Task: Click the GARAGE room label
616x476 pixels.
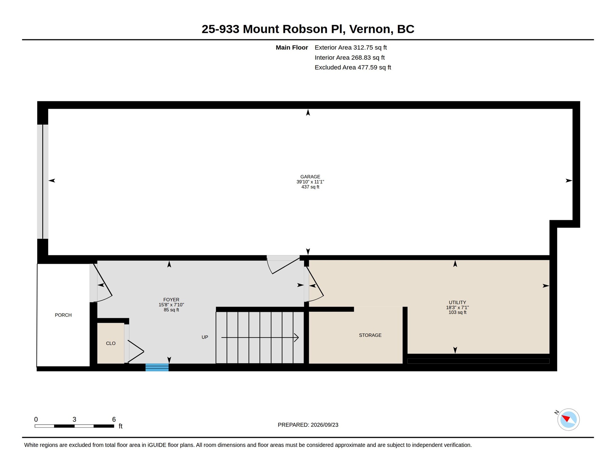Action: tap(310, 177)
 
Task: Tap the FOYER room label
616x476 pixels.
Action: tap(171, 300)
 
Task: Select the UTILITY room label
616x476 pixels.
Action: tap(457, 302)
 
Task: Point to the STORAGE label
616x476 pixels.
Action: tap(370, 335)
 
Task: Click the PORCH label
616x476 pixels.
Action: tap(63, 315)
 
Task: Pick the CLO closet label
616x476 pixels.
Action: tap(111, 343)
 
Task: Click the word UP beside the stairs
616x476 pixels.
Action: tap(205, 337)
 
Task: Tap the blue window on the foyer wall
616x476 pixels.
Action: tap(157, 367)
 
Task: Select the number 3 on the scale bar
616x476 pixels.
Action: tap(74, 419)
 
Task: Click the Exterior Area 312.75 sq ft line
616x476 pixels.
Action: tap(351, 47)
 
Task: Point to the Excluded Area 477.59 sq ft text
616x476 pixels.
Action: tap(353, 67)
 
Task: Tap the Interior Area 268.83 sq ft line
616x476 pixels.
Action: tap(350, 57)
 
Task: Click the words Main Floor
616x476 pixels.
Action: tap(292, 47)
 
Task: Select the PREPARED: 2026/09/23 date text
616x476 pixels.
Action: tap(308, 425)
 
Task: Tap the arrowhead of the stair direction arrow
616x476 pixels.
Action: tap(297, 338)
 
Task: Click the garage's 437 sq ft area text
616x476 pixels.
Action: tap(310, 187)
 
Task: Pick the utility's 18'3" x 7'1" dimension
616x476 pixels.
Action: tap(457, 307)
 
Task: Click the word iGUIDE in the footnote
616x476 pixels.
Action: tap(157, 445)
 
